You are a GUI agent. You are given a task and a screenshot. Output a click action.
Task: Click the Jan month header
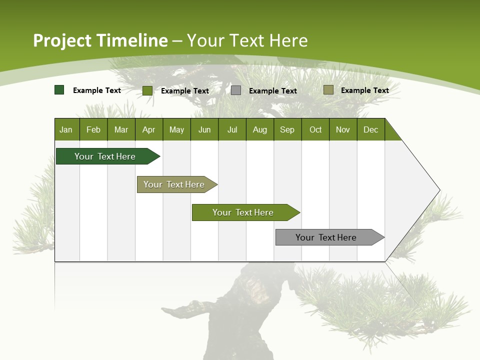click(66, 130)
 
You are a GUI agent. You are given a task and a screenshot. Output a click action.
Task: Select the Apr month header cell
click(149, 130)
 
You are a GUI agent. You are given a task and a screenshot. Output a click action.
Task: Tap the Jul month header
click(232, 130)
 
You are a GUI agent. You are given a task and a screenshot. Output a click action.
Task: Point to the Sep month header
click(287, 130)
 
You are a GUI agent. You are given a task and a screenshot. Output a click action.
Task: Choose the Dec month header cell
click(371, 130)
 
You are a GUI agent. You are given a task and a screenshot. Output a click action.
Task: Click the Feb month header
click(93, 130)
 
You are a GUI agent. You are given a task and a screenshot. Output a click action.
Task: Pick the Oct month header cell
click(315, 130)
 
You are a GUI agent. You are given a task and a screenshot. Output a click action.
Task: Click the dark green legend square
click(59, 90)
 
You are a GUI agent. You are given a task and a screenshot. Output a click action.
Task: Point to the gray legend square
click(236, 90)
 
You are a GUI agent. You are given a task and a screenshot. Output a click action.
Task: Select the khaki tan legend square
click(328, 90)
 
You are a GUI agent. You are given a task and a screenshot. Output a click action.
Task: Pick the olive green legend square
click(147, 90)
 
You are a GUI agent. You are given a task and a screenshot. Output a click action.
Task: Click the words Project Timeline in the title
click(100, 40)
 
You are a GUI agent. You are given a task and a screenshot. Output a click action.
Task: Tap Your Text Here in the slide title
click(247, 40)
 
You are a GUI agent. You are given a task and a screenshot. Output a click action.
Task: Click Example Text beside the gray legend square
click(272, 91)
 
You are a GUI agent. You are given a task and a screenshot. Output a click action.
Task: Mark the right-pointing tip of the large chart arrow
click(439, 190)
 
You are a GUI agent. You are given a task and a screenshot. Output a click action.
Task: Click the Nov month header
click(343, 130)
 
